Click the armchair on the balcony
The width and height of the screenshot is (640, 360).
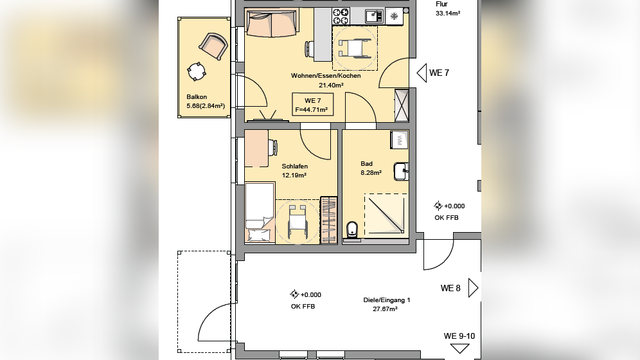pyautogui.click(x=213, y=46)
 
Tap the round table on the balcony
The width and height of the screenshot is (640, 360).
pyautogui.click(x=197, y=71)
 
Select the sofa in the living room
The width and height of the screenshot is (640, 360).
pyautogui.click(x=271, y=23)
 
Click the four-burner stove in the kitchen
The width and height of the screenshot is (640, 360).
pyautogui.click(x=341, y=16)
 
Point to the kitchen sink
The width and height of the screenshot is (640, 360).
pyautogui.click(x=373, y=16)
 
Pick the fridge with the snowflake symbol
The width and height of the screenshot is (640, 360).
pyautogui.click(x=395, y=16)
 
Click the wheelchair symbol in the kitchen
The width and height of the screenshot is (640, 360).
pyautogui.click(x=354, y=48)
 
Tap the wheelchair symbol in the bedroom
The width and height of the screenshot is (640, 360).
pyautogui.click(x=297, y=222)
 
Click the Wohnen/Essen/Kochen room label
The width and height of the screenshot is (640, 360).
pyautogui.click(x=326, y=75)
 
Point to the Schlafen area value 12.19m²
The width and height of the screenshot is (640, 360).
pyautogui.click(x=294, y=175)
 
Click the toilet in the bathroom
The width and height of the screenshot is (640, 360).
pyautogui.click(x=351, y=230)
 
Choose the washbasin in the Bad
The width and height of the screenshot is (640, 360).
pyautogui.click(x=401, y=172)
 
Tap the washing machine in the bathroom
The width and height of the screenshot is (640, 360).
pyautogui.click(x=399, y=139)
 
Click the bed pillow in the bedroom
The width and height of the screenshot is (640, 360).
pyautogui.click(x=259, y=236)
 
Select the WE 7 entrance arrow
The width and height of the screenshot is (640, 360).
pyautogui.click(x=422, y=73)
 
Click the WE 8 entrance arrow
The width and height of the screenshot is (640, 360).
pyautogui.click(x=473, y=288)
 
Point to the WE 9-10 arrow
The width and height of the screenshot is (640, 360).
pyautogui.click(x=459, y=348)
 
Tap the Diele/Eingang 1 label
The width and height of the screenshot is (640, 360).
pyautogui.click(x=387, y=300)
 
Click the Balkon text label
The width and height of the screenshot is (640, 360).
pyautogui.click(x=197, y=96)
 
